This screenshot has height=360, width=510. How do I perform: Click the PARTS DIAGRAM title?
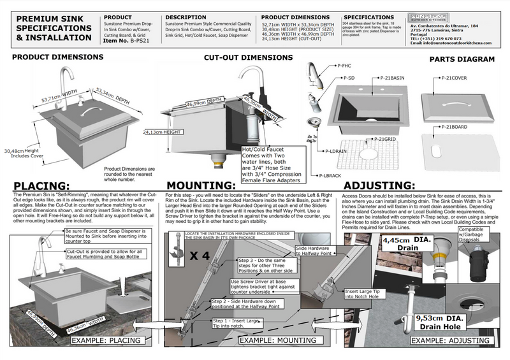tap(462, 59)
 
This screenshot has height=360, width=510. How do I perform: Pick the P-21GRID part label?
tap(382, 138)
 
